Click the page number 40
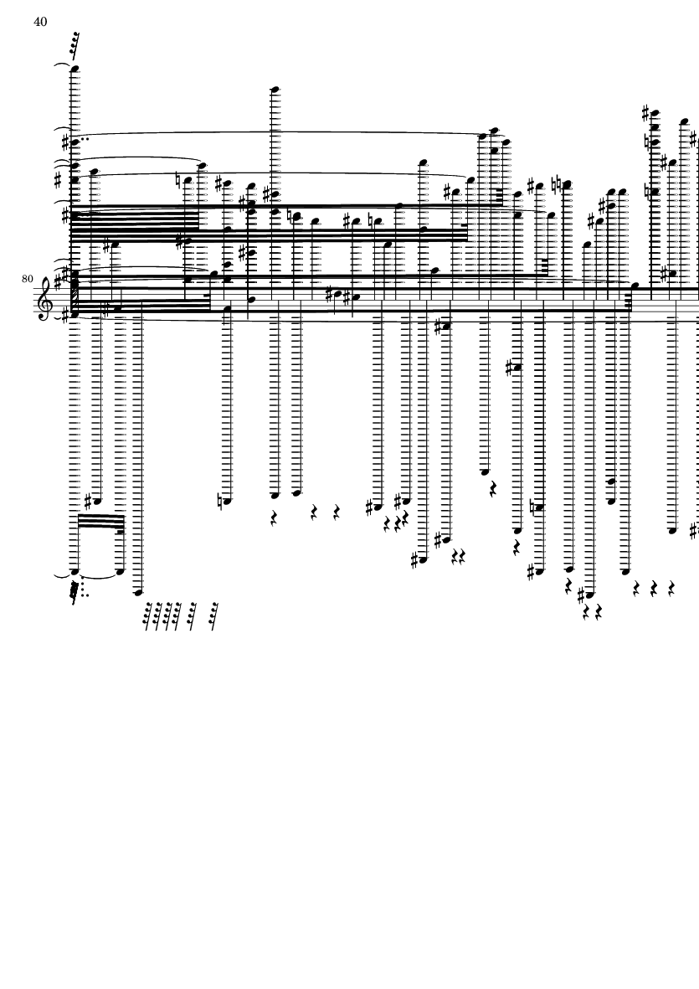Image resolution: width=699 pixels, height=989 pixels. (x=40, y=22)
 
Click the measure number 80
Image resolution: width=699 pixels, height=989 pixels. (x=28, y=279)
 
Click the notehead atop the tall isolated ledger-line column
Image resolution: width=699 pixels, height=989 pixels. (x=274, y=88)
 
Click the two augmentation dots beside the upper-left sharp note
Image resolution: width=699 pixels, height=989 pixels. (x=86, y=140)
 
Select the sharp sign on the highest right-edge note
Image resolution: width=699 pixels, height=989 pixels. (x=645, y=111)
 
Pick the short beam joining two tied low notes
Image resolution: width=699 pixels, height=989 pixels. (x=99, y=522)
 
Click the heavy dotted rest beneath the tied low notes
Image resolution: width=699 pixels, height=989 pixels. (x=75, y=592)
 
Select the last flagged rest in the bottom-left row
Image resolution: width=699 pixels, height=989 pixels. (x=215, y=616)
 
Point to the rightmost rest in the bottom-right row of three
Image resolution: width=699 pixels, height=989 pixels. (x=672, y=589)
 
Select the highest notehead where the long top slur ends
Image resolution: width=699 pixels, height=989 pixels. (x=494, y=131)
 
